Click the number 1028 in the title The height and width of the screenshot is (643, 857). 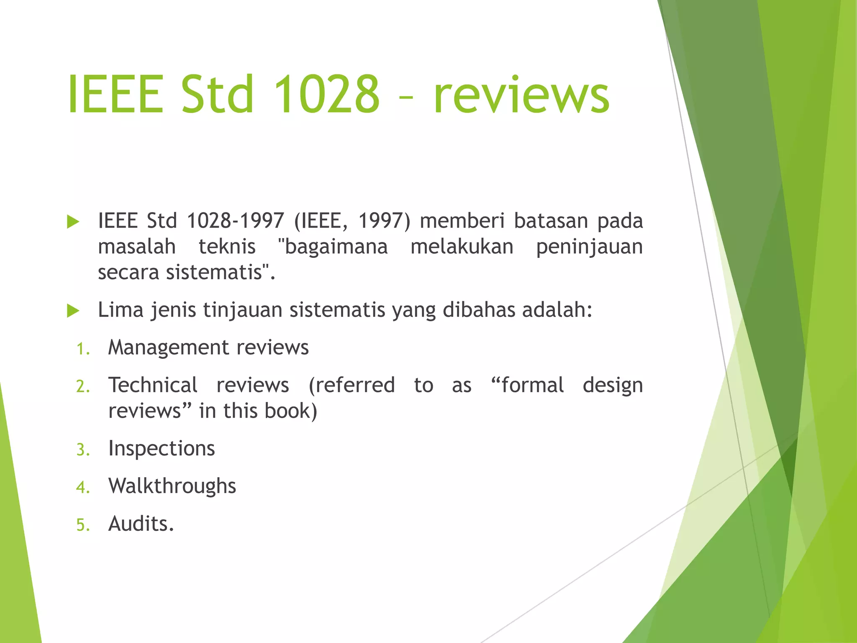(x=326, y=94)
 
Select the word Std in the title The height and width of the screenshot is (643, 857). (x=218, y=94)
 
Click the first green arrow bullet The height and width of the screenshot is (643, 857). (x=73, y=222)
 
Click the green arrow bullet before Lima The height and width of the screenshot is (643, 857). (x=73, y=311)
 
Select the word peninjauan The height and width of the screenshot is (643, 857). (x=589, y=247)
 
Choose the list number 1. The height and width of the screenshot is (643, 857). (x=83, y=349)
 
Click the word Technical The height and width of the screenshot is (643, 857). (x=153, y=385)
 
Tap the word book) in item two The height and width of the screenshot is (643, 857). (x=291, y=411)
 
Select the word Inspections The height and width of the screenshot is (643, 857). (x=162, y=449)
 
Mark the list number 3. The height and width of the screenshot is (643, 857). (x=83, y=450)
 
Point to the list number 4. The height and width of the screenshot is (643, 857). (x=83, y=488)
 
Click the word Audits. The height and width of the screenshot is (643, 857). (x=141, y=524)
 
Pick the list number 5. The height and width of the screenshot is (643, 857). (x=83, y=525)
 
